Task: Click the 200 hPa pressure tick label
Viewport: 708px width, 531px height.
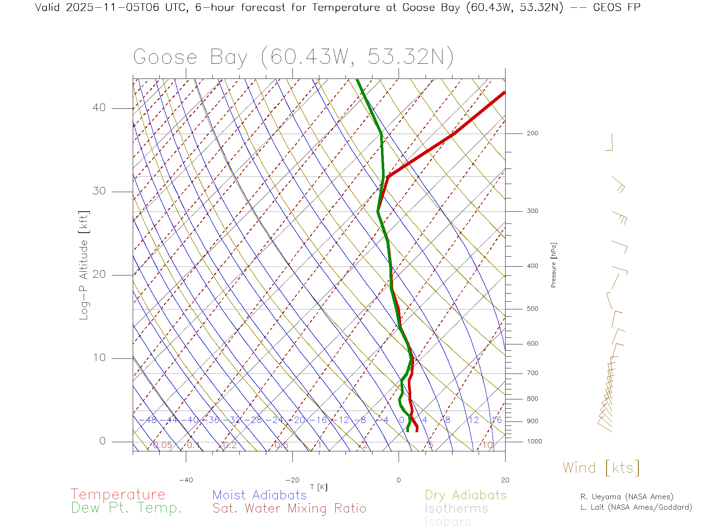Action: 532,133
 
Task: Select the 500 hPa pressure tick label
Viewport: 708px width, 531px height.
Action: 532,309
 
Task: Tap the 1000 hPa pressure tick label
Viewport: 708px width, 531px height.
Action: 534,441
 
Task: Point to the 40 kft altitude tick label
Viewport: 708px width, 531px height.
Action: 99,108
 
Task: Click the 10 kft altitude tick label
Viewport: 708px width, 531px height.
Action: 99,358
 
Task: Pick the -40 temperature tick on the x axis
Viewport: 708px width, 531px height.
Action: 186,480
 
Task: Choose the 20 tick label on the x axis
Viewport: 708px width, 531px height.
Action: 505,480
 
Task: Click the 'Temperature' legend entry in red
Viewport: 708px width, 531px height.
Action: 118,494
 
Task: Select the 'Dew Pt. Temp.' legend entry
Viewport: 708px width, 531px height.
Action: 126,508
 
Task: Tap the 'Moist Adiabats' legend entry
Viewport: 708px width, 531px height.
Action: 260,495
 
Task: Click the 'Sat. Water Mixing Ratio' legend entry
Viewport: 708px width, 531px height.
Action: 289,508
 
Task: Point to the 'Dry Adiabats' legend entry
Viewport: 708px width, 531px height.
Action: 466,495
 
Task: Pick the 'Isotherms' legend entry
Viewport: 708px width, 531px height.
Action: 457,509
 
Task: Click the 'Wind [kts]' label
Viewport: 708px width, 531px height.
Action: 601,468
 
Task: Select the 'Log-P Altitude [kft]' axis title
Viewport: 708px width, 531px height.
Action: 84,265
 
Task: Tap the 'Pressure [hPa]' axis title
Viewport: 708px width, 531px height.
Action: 553,265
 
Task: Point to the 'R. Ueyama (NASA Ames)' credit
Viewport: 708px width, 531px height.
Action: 627,497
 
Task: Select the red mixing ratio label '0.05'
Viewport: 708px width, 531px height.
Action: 162,445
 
